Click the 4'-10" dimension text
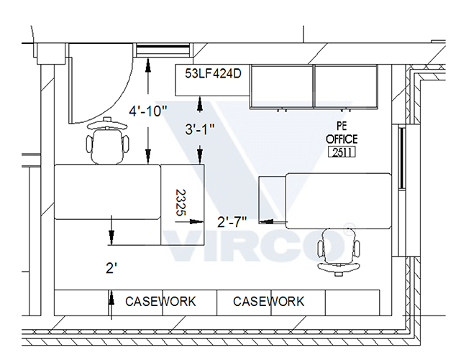click(148, 111)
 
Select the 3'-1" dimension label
click(200, 130)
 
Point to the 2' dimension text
click(111, 268)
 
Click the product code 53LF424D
click(213, 73)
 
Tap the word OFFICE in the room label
click(342, 139)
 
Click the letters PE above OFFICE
click(342, 126)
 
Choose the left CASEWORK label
click(160, 301)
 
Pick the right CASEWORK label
click(268, 301)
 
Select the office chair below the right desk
click(335, 251)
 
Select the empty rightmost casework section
click(352, 301)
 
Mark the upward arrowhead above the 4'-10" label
click(148, 64)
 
